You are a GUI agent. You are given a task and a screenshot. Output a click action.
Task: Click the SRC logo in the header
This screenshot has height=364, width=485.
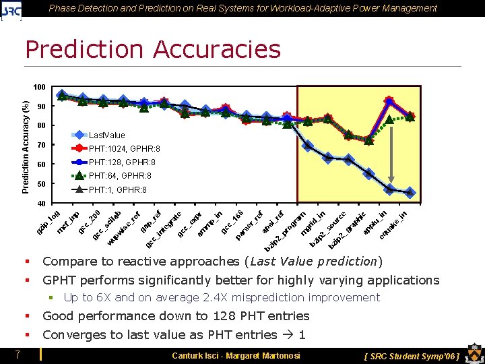12,9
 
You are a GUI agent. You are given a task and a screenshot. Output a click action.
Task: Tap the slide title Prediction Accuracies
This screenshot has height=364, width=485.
152,49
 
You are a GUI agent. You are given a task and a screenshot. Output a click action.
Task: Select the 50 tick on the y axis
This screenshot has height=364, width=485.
40,184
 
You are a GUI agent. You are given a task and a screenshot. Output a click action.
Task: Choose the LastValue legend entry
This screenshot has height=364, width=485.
106,135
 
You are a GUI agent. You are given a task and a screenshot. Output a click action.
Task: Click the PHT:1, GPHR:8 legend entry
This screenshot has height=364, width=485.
117,190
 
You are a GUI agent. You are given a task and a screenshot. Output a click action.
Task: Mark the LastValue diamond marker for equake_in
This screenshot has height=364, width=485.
410,193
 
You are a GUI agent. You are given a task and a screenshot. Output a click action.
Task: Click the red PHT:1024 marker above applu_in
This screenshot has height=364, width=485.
389,101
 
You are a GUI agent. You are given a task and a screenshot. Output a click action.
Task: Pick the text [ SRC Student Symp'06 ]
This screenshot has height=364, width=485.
411,355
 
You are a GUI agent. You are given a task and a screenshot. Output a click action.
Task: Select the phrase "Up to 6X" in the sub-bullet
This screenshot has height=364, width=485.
85,298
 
